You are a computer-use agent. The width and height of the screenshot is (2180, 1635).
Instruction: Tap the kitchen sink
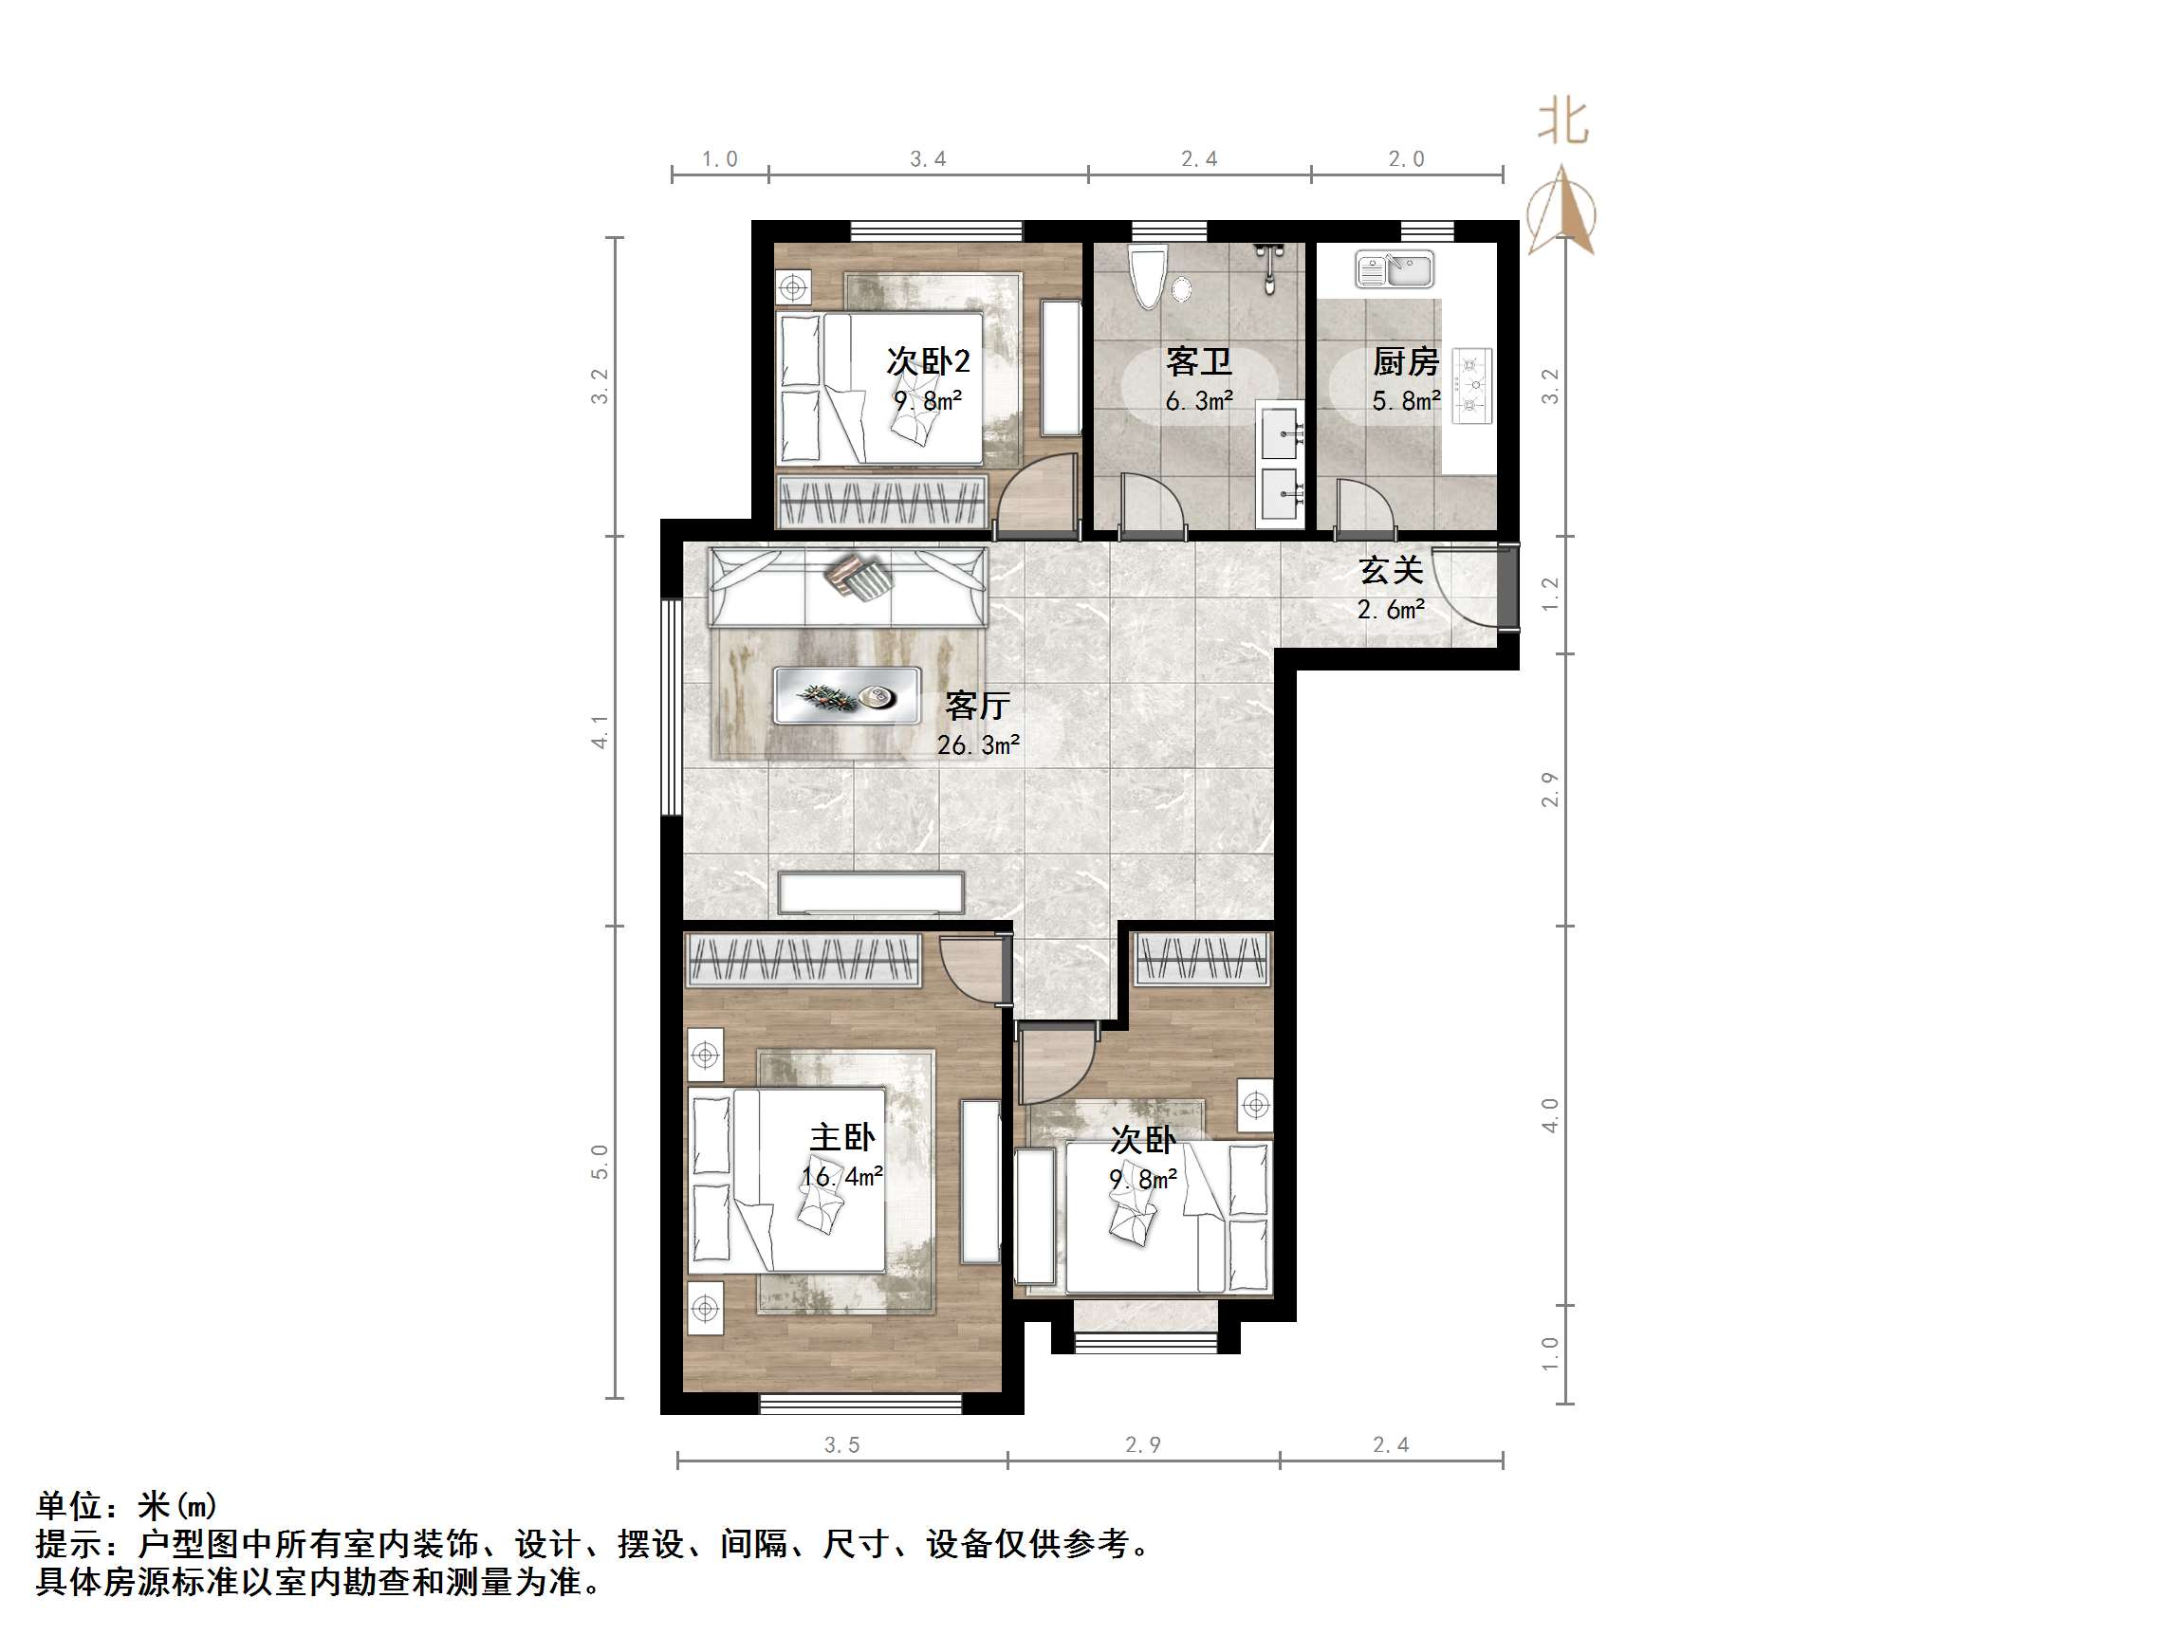pos(1394,269)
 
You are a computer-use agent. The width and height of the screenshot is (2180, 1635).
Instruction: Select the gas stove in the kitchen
pos(1472,385)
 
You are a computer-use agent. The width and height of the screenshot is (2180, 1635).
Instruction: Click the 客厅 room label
pos(977,706)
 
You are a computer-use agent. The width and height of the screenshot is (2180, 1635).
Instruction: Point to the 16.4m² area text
pos(841,1177)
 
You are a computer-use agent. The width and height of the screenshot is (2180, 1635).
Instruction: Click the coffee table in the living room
pos(846,696)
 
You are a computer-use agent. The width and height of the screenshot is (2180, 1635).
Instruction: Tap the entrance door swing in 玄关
pos(1466,585)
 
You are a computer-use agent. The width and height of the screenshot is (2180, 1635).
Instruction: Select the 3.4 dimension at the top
pos(928,159)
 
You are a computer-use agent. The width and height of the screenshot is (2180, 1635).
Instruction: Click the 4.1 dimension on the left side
pos(600,731)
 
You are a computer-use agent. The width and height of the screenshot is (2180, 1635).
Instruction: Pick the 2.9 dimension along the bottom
pos(1143,1444)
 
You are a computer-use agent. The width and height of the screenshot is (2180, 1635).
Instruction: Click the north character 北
pos(1563,122)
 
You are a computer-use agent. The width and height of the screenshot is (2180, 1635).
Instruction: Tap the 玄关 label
pos(1391,570)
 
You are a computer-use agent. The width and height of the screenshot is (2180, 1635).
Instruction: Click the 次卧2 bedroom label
pos(928,361)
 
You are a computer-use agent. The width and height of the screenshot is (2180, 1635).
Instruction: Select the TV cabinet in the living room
pos(870,892)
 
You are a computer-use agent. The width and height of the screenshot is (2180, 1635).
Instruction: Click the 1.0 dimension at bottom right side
pos(1549,1353)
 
